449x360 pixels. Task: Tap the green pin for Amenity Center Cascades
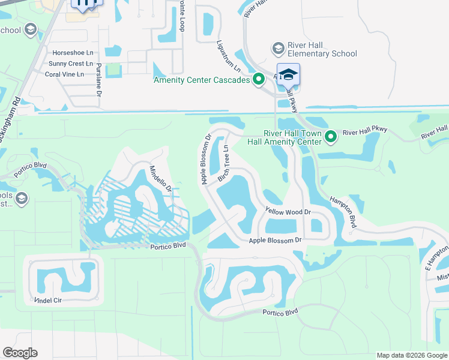point(259,79)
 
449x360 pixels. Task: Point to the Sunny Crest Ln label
point(71,64)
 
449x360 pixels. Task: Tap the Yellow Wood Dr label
point(288,211)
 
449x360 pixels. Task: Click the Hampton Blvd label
point(344,214)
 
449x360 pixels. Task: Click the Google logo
point(20,353)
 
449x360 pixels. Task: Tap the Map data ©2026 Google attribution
point(411,355)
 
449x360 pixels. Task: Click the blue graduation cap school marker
point(288,74)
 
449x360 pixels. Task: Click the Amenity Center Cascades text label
point(202,80)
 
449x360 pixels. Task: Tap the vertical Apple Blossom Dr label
point(206,159)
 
